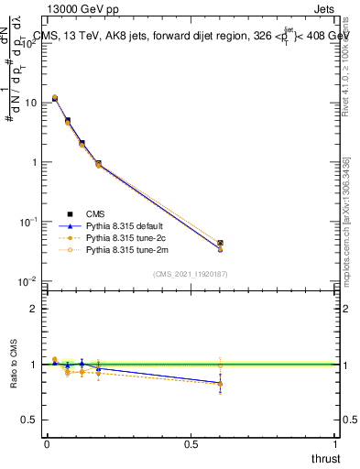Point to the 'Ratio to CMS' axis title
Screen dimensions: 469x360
point(14,364)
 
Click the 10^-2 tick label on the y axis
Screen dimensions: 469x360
point(28,281)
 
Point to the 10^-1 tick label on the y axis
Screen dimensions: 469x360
point(28,222)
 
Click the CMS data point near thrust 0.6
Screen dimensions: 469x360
point(219,244)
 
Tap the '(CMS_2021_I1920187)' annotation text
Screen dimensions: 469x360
point(191,273)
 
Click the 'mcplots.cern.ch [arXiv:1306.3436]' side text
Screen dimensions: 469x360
point(345,220)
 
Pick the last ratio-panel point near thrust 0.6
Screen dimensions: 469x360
point(219,383)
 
